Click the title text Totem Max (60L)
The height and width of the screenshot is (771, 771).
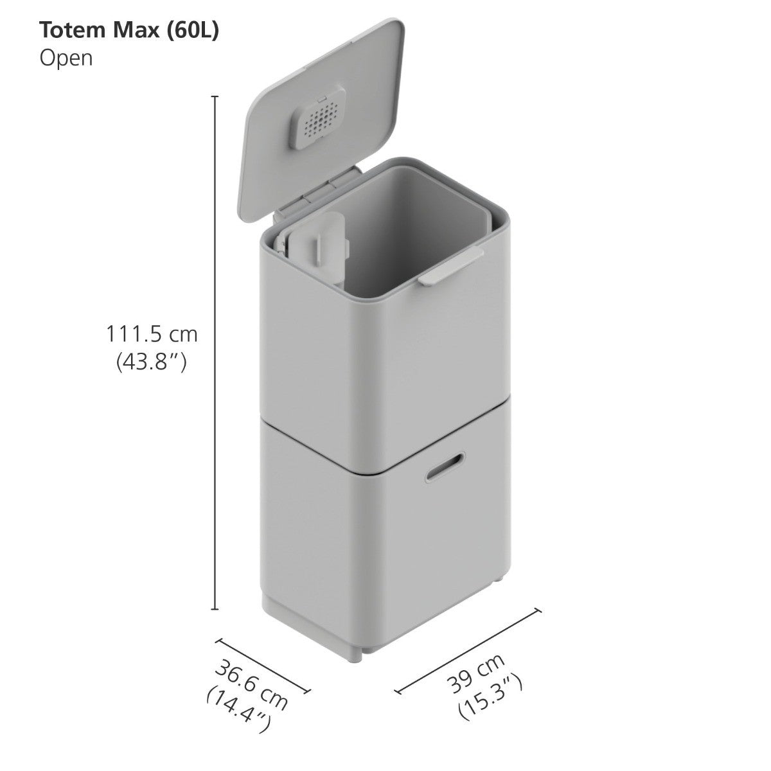pos(129,31)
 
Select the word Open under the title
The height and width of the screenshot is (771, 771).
pos(66,58)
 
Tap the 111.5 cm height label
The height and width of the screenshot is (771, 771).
pos(152,335)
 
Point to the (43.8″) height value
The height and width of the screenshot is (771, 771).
pos(152,363)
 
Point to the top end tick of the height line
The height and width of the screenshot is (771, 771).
pos(215,96)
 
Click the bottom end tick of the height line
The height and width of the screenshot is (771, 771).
pos(215,608)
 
